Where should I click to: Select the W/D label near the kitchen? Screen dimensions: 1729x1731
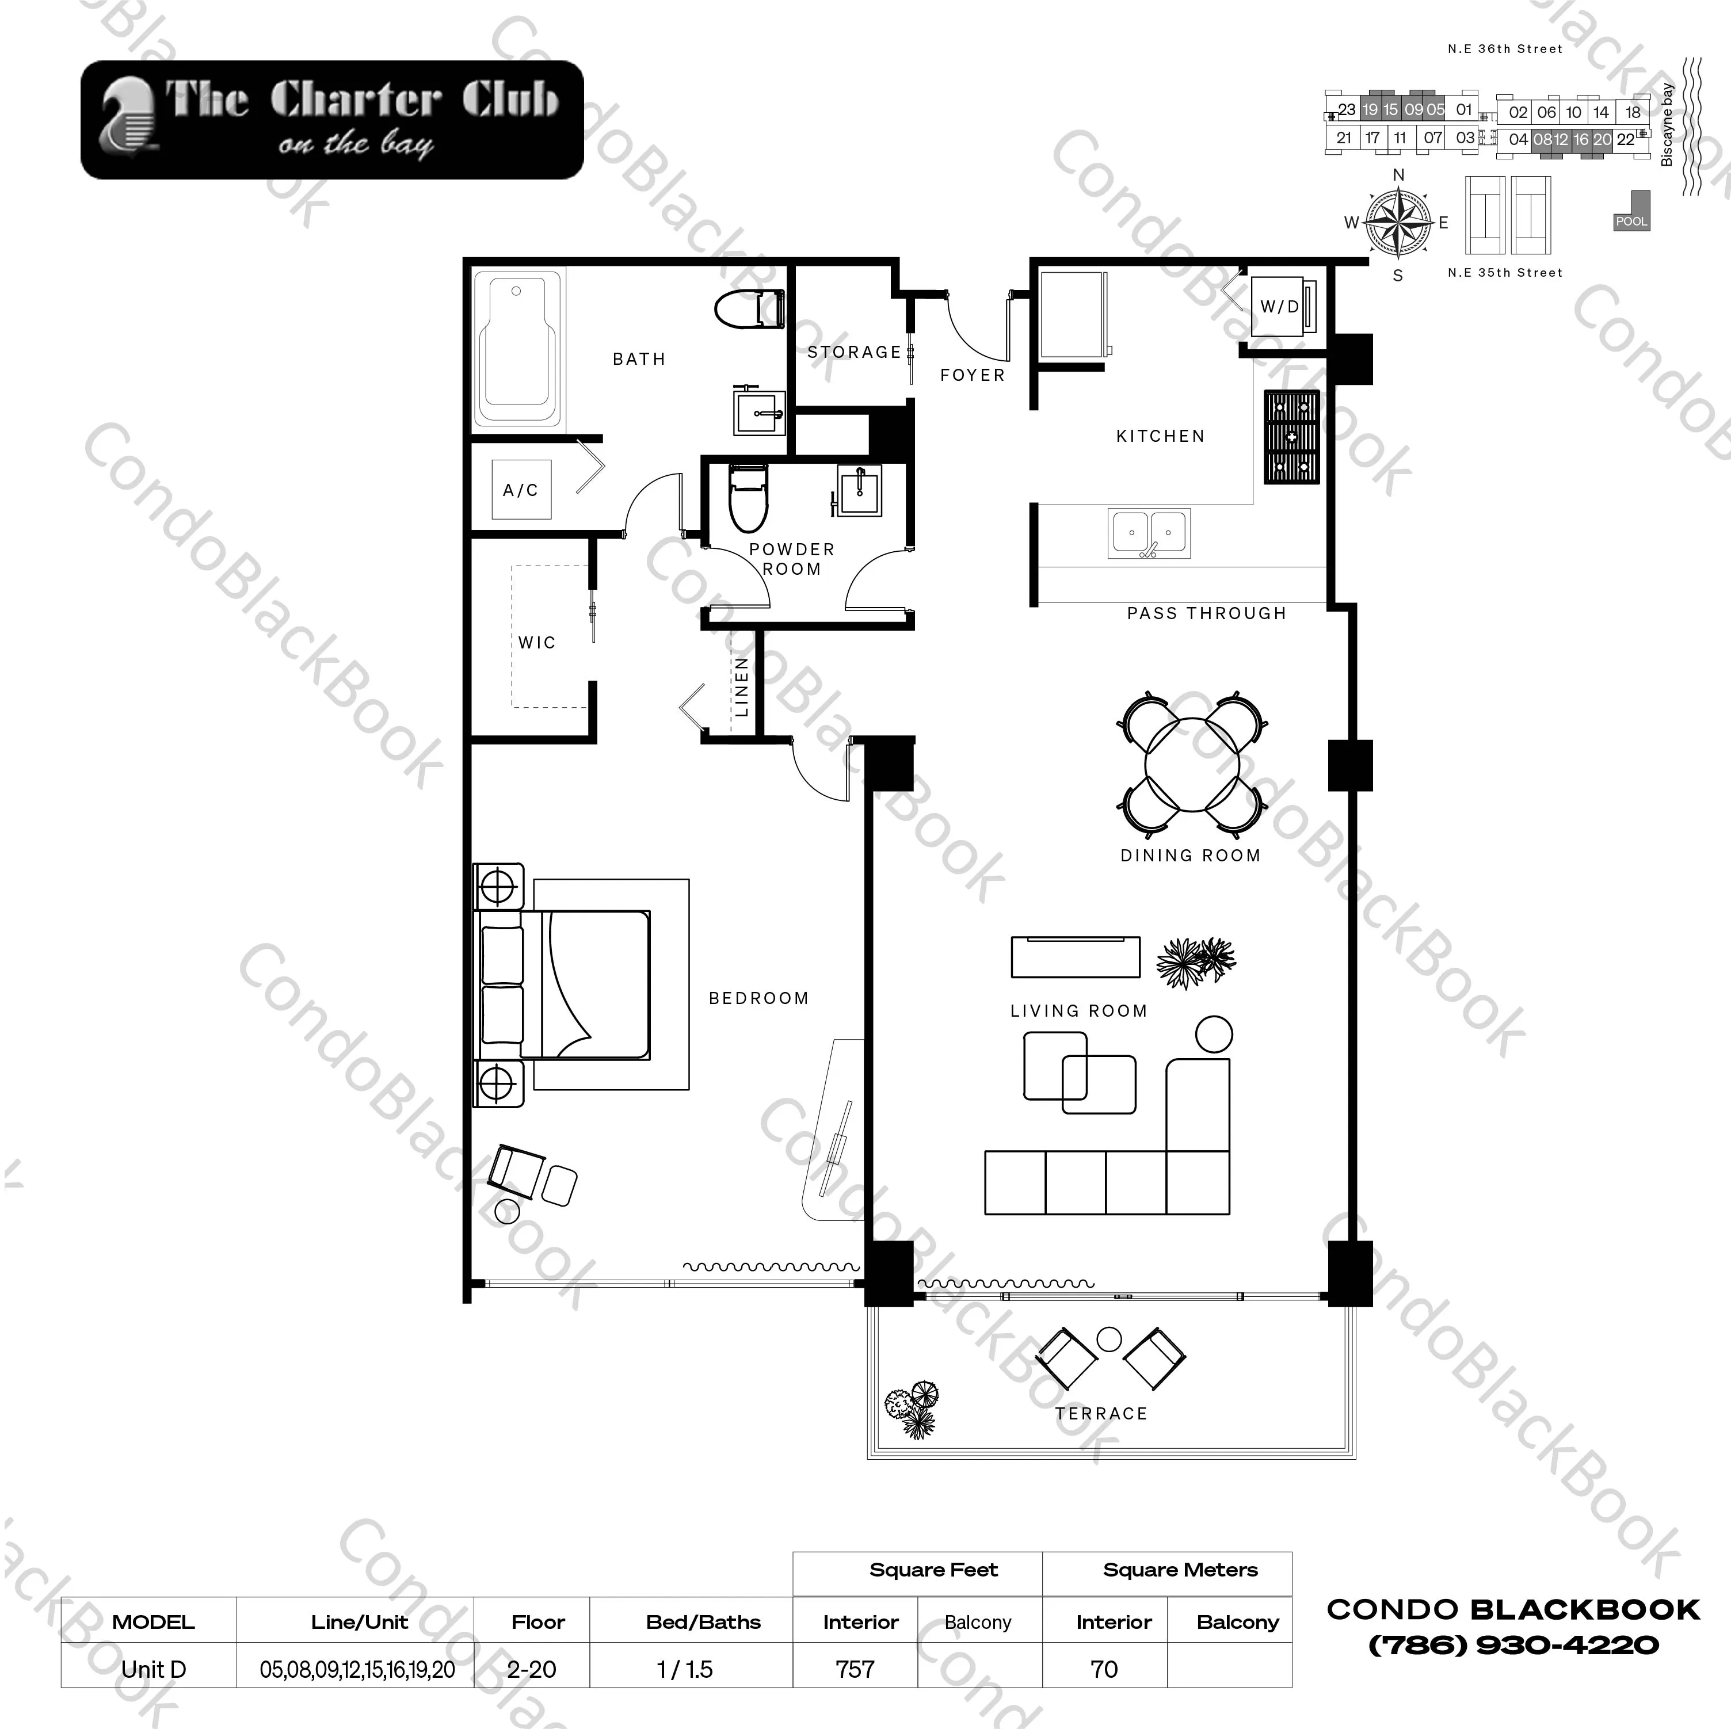click(1279, 306)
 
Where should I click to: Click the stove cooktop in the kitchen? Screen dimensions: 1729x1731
click(1291, 437)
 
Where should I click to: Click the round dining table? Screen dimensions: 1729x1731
click(1192, 764)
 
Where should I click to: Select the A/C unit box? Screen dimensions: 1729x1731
click(521, 490)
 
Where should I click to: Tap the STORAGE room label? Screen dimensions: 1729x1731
click(854, 352)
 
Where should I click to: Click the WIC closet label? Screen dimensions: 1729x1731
click(537, 642)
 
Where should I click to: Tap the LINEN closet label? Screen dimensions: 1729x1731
click(741, 687)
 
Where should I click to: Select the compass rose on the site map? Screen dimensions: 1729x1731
click(1398, 222)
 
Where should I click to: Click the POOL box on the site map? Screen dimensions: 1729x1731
click(1631, 220)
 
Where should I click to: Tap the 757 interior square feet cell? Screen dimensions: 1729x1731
click(855, 1669)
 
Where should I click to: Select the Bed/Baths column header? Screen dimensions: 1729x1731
click(703, 1621)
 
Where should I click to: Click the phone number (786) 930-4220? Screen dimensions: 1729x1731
click(1513, 1645)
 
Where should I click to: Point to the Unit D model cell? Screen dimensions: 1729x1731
click(153, 1669)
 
